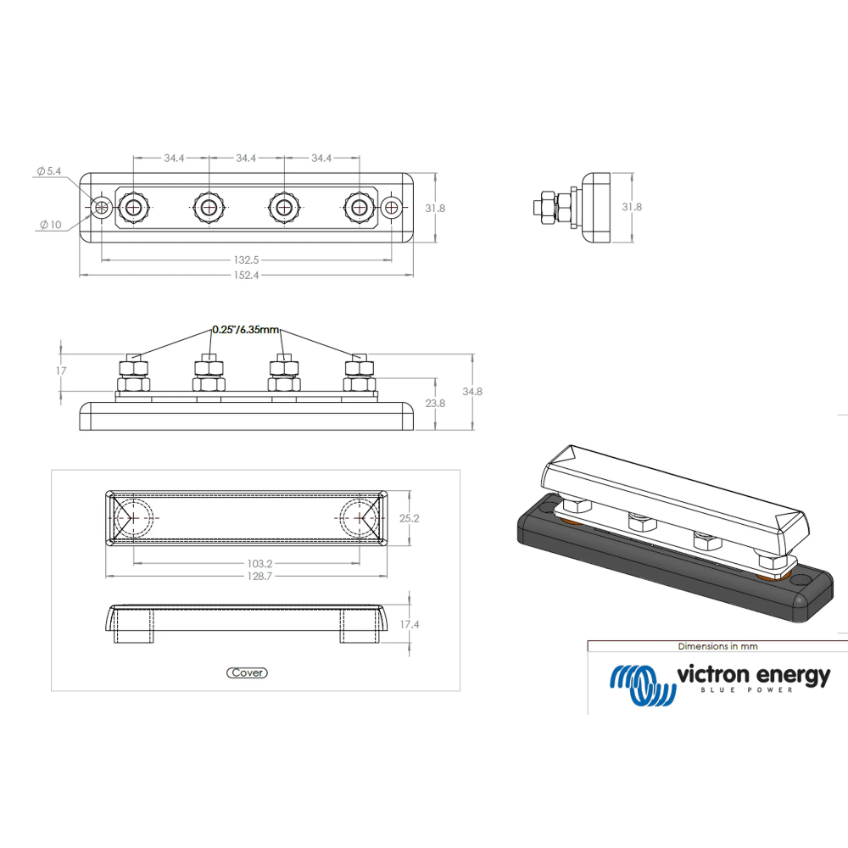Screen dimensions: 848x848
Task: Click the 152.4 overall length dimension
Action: point(246,275)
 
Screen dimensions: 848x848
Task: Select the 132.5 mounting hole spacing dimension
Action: point(246,259)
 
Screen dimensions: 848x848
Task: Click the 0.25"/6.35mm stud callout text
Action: point(245,330)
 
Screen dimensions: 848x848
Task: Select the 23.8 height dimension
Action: point(434,404)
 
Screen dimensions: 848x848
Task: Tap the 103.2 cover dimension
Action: point(246,562)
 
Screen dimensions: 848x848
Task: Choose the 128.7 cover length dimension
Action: point(246,576)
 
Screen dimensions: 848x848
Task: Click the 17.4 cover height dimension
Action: point(410,624)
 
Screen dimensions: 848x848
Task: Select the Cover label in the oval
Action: point(247,672)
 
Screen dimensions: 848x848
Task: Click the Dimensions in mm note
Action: point(717,646)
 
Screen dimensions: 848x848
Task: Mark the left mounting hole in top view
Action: point(102,207)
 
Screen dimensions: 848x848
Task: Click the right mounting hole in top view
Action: point(391,207)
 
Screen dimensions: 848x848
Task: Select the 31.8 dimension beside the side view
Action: point(633,206)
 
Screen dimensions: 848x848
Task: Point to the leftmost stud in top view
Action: point(133,207)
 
